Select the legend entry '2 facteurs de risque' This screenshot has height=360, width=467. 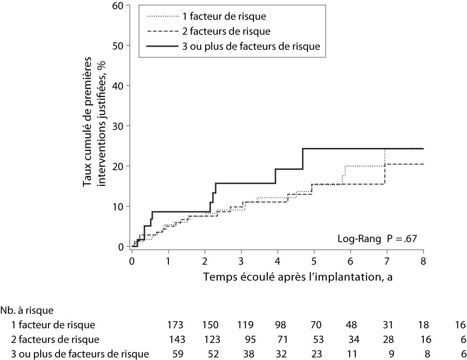point(226,31)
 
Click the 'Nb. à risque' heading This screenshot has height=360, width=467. point(27,311)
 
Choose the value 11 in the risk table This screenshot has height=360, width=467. point(350,353)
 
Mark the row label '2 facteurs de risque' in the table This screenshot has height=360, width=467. point(56,339)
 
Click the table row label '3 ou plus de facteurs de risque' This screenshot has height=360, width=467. point(80,353)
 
